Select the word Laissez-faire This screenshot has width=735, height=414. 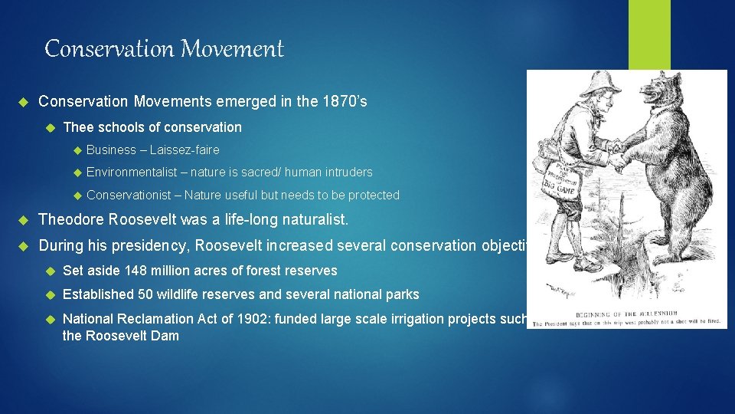coord(185,149)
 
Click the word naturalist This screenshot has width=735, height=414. coord(315,220)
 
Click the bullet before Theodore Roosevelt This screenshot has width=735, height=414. coord(22,220)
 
